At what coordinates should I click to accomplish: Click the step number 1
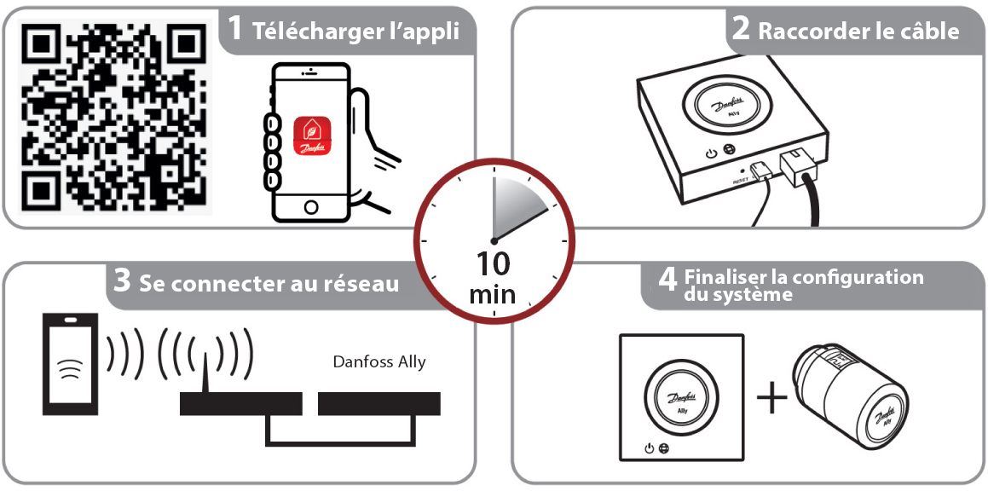coord(234,30)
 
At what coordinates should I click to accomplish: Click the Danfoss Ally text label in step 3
coord(378,361)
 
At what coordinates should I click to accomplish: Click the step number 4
coord(668,280)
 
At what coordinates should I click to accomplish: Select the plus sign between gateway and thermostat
coord(772,399)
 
